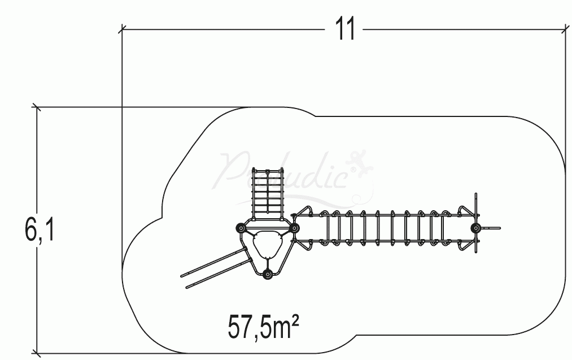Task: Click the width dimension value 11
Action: pos(346,28)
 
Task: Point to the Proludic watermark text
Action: pos(288,172)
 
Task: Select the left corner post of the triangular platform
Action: pos(241,228)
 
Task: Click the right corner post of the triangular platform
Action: pos(294,228)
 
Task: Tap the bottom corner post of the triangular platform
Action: pos(268,275)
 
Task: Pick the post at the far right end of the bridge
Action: pos(476,228)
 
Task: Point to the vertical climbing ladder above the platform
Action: pos(267,192)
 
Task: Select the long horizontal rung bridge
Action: pos(384,228)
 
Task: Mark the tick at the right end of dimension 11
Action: pos(565,28)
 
